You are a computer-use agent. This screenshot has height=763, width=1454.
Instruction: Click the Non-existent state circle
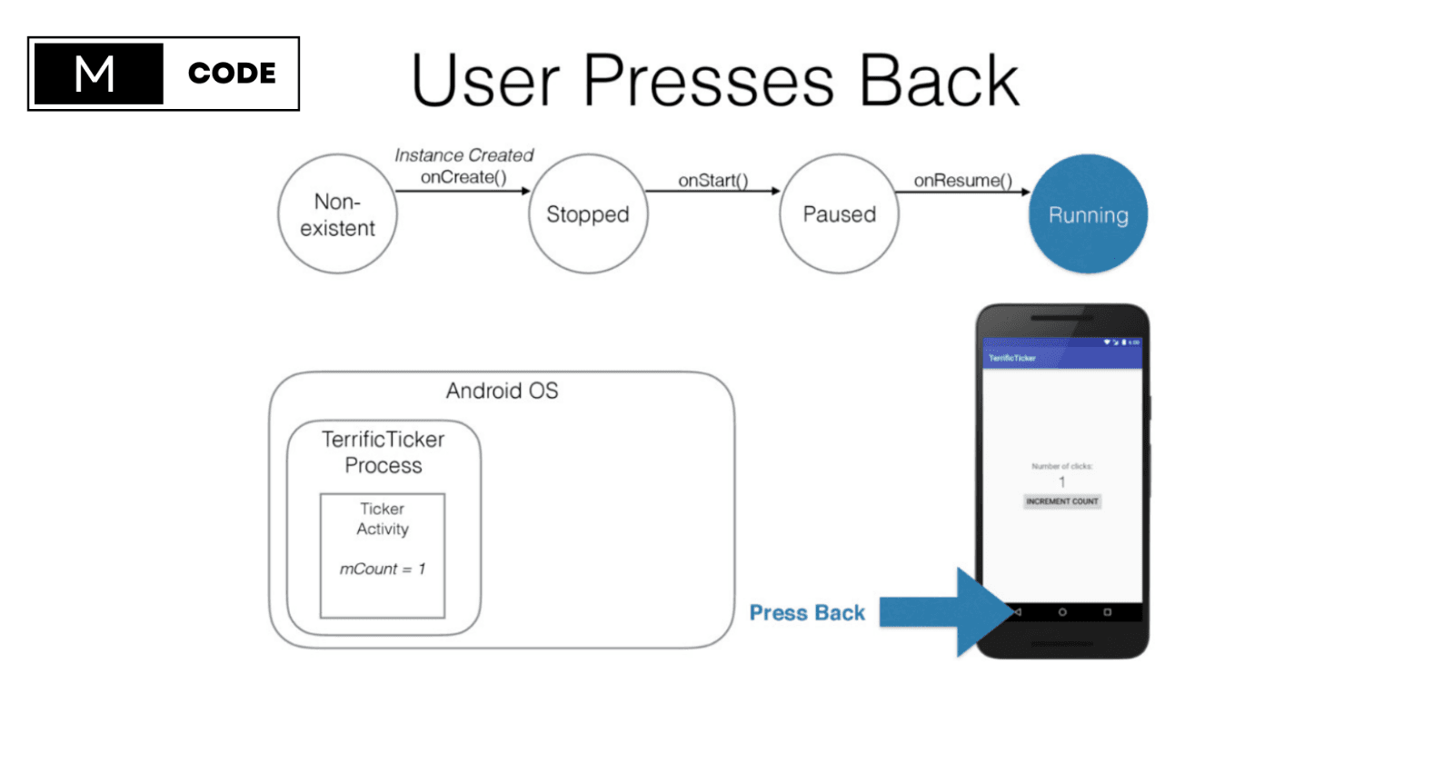click(337, 214)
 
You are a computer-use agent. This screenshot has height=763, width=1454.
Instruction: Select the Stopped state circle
click(588, 214)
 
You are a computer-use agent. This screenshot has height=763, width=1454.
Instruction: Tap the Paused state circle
click(839, 214)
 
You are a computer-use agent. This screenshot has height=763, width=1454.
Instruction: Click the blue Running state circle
click(1088, 214)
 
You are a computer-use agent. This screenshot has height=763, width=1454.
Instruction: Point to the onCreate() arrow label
click(463, 177)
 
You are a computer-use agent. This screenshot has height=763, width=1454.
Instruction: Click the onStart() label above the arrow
click(713, 180)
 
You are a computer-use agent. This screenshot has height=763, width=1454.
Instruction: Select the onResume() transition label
click(963, 180)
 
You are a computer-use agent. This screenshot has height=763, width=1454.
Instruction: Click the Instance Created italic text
click(463, 155)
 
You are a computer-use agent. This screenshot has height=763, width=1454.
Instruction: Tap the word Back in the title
click(939, 81)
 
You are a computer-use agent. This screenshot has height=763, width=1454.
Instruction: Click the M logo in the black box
click(95, 74)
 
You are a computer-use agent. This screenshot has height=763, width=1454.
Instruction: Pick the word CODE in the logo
click(232, 74)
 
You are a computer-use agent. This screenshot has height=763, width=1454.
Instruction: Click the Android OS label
click(502, 391)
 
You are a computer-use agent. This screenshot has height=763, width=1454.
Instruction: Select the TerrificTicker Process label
click(383, 452)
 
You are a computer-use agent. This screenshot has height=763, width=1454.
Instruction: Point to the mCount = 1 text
click(383, 569)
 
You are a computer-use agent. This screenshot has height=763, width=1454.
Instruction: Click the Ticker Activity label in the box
click(383, 519)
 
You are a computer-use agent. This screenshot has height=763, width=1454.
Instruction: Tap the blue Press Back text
click(807, 613)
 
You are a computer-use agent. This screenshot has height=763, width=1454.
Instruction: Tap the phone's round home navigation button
click(1061, 612)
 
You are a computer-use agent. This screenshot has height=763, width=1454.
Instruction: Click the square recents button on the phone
click(1107, 612)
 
